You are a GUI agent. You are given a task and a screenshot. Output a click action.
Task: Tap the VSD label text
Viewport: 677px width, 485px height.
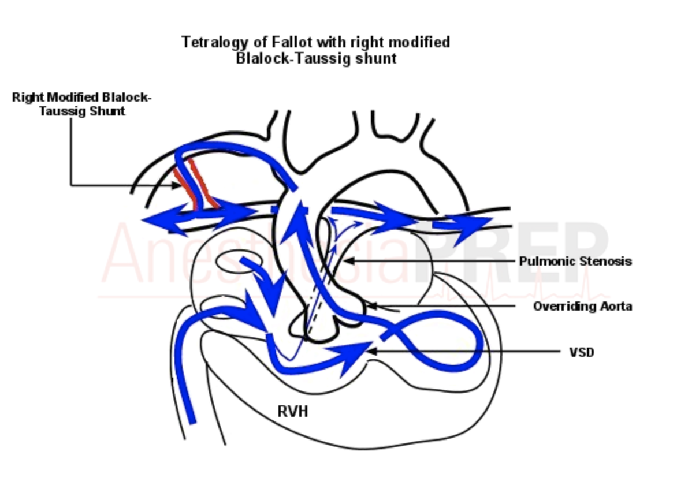[581, 352]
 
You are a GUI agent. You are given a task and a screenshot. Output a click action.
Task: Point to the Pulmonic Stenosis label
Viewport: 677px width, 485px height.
[575, 262]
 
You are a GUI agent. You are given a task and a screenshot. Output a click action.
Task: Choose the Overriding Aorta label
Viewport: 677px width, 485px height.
[582, 307]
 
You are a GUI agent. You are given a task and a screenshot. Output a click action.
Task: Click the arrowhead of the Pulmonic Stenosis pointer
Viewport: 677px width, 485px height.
[347, 262]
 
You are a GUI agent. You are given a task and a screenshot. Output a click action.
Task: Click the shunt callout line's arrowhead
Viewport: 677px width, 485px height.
[178, 185]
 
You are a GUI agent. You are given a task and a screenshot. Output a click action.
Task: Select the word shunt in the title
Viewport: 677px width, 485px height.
[381, 59]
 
